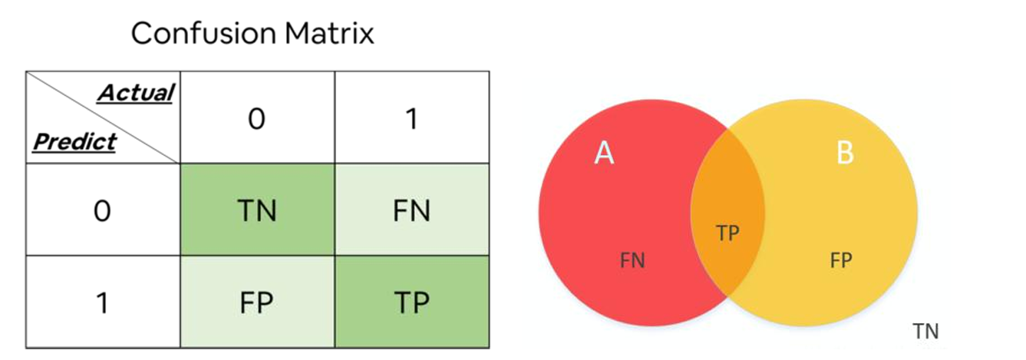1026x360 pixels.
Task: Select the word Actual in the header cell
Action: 135,94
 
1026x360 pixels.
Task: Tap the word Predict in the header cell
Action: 74,141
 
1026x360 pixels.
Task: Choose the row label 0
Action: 102,210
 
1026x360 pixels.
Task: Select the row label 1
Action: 102,302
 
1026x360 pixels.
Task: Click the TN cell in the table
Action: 256,210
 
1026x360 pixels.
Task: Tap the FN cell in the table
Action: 411,210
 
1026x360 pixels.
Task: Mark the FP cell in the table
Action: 256,302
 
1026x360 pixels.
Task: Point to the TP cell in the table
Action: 411,302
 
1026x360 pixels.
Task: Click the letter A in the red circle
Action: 605,154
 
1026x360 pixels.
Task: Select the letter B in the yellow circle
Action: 844,154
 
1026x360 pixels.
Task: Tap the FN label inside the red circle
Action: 632,261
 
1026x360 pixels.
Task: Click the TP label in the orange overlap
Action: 727,233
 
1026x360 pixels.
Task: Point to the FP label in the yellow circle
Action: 841,261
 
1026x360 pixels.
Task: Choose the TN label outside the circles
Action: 925,332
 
